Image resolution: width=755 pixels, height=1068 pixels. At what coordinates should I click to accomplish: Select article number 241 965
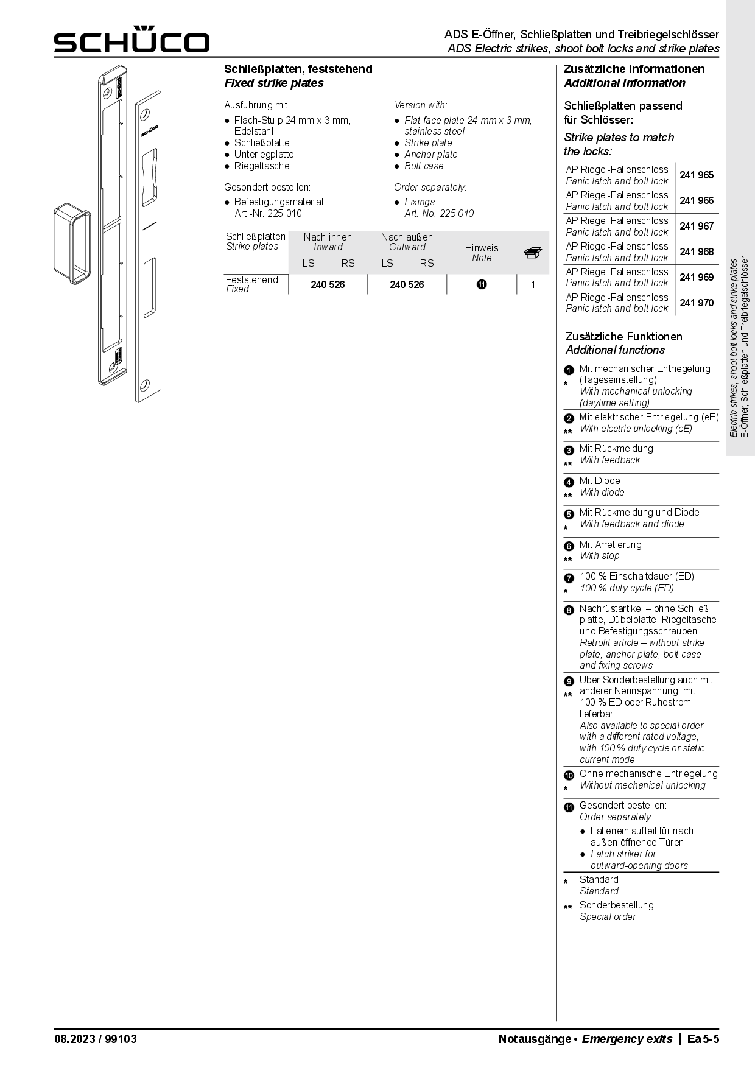pos(697,175)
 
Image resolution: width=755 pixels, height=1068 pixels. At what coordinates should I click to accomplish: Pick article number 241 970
pos(697,303)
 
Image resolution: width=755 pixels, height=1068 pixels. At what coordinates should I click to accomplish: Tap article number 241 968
pos(697,252)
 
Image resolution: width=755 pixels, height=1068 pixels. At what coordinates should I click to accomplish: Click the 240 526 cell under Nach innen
pos(328,285)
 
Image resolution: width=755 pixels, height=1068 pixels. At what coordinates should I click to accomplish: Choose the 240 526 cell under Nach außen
pos(407,285)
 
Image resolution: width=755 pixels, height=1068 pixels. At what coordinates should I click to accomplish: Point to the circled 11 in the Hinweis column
pos(482,284)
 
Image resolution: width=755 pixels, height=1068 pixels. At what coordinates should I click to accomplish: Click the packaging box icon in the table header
pos(533,253)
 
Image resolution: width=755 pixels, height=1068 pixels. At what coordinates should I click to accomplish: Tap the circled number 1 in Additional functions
pos(569,370)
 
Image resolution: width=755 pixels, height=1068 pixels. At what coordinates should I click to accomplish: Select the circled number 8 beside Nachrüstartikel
pos(569,610)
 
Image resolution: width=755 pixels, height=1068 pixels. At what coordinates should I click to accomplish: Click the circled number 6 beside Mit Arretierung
pos(569,546)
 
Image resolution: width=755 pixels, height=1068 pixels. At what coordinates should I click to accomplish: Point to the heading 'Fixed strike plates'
pos(274,83)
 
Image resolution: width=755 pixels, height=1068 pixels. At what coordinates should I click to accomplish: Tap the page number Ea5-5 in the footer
pos(703,1039)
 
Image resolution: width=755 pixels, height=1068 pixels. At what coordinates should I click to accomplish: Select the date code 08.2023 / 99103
pos(96,1039)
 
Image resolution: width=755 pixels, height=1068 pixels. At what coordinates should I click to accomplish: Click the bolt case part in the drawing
pos(72,243)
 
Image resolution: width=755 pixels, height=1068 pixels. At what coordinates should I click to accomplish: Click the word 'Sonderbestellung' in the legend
pos(616,905)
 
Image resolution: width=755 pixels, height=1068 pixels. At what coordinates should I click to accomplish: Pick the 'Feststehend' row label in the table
pos(251,279)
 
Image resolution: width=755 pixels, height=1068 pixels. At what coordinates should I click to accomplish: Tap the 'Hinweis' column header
pos(482,248)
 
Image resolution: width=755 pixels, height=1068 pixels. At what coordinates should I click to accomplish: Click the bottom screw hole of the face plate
pos(144,385)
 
